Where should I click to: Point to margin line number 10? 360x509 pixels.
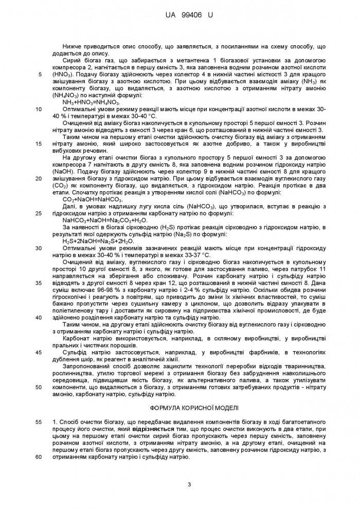point(40,109)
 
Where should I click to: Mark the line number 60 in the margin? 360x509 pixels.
point(40,456)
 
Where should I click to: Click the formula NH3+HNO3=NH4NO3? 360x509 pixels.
point(84,102)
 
